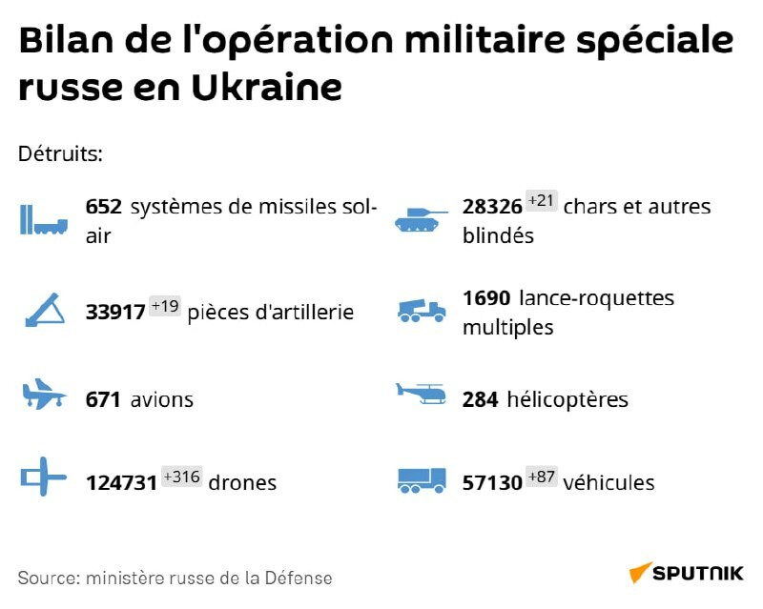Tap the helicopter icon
pyautogui.click(x=421, y=395)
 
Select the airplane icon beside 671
pyautogui.click(x=44, y=395)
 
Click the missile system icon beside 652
pyautogui.click(x=44, y=220)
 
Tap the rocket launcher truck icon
pyautogui.click(x=421, y=311)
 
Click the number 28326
pyautogui.click(x=492, y=207)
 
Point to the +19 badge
pyautogui.click(x=164, y=307)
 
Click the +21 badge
pyautogui.click(x=541, y=201)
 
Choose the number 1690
pyautogui.click(x=486, y=298)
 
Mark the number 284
pyautogui.click(x=481, y=399)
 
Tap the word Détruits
pyautogui.click(x=60, y=153)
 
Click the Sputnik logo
pyautogui.click(x=685, y=573)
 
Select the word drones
pyautogui.click(x=243, y=482)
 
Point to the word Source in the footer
pyautogui.click(x=48, y=578)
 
